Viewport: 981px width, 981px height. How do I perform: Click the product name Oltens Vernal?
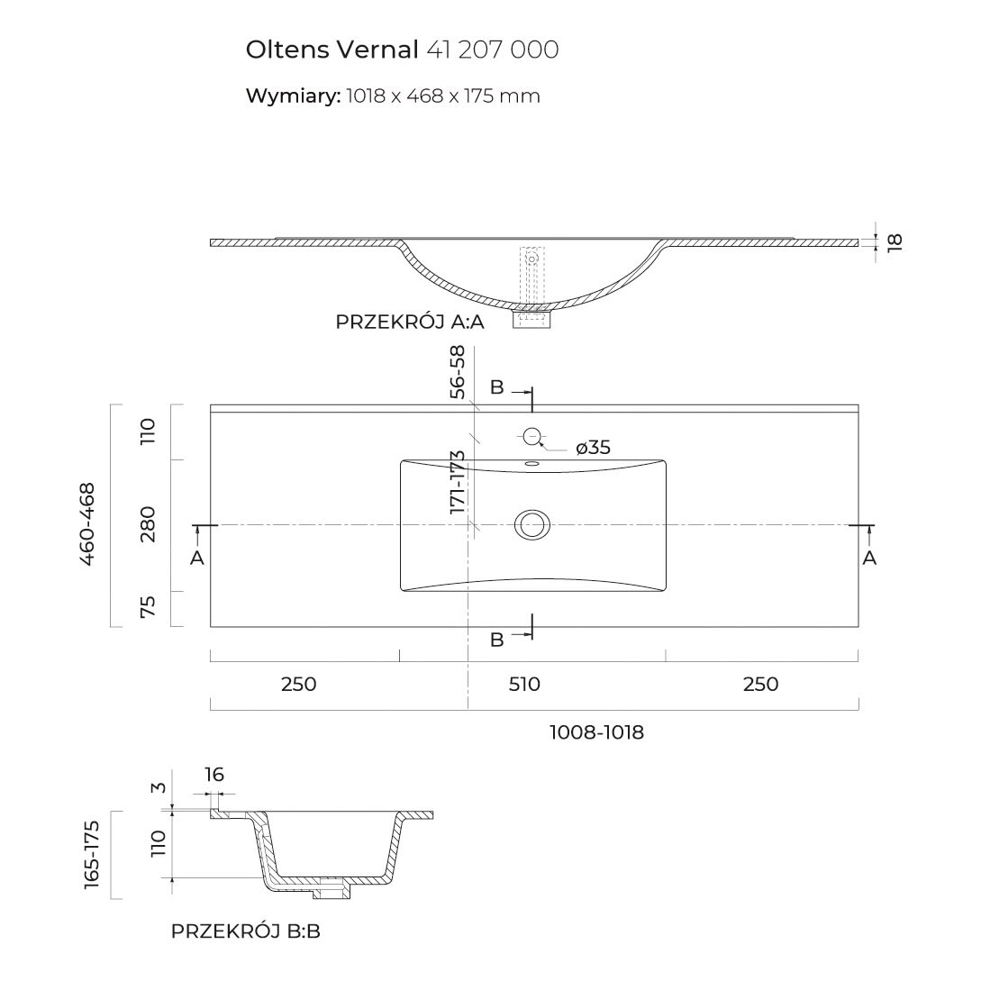click(x=332, y=50)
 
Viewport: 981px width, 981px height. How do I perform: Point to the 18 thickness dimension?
click(x=894, y=241)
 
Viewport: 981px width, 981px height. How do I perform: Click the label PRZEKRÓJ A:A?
click(x=410, y=322)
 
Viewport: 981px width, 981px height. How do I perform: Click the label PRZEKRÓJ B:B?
click(x=245, y=931)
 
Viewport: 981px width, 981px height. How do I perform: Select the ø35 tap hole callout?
click(x=592, y=447)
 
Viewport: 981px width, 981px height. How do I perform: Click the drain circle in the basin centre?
click(x=531, y=523)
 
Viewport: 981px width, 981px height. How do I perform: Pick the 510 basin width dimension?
click(x=524, y=684)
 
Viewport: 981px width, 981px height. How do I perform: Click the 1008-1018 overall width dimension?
click(x=596, y=732)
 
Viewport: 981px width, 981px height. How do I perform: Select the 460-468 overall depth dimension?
click(x=88, y=523)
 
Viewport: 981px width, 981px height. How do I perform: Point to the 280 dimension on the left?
click(x=149, y=523)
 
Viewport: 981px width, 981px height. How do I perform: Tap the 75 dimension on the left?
click(x=149, y=607)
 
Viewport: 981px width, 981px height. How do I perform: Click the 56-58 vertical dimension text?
click(x=458, y=371)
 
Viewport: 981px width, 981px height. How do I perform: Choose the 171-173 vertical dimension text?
click(x=458, y=482)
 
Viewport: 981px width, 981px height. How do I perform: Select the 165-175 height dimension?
click(x=91, y=855)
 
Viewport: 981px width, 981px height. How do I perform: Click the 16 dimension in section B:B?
click(x=213, y=775)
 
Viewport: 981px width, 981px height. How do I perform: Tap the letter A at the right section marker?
click(x=869, y=559)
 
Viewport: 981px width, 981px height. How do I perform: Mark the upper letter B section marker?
click(x=496, y=387)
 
